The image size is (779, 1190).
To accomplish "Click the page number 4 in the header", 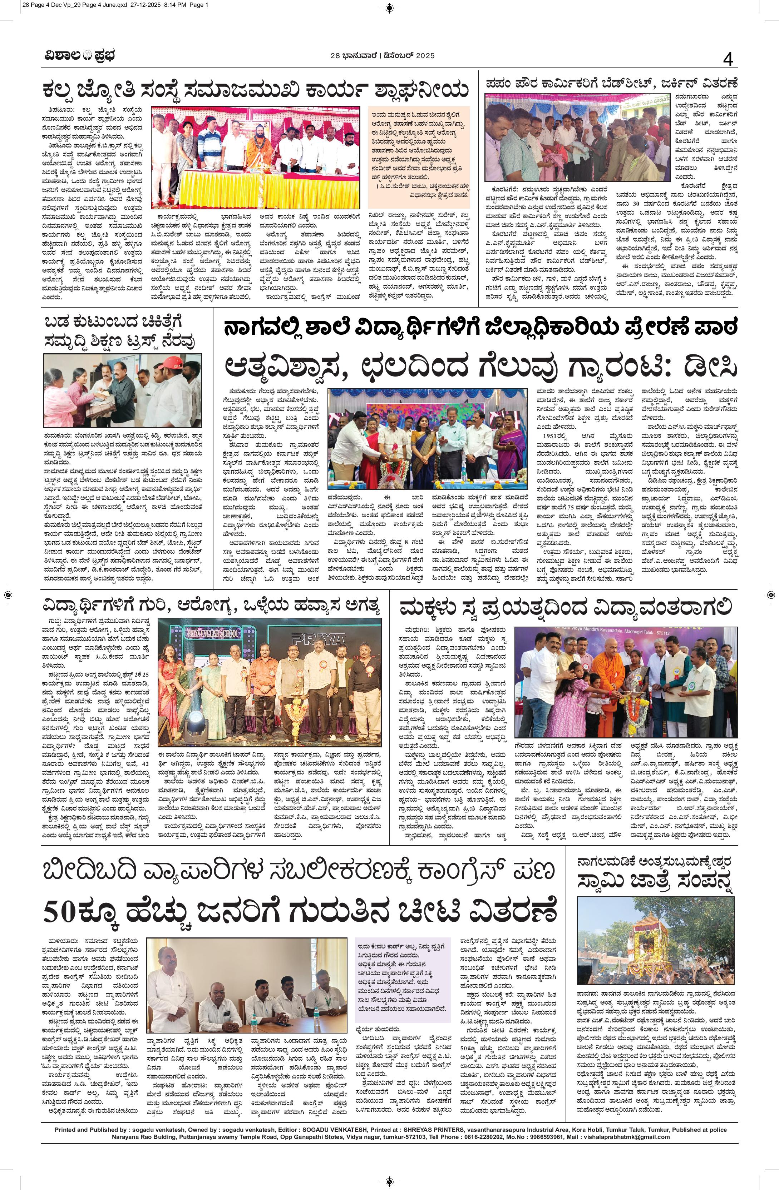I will [x=728, y=59].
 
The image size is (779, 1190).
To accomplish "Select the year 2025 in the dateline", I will [x=417, y=56].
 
